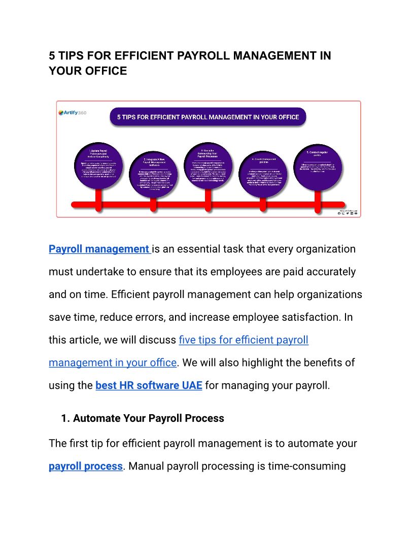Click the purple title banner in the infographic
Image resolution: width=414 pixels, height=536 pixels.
pos(208,117)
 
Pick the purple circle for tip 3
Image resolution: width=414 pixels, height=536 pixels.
pos(208,162)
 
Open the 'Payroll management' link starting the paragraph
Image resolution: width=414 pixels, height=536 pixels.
pos(99,249)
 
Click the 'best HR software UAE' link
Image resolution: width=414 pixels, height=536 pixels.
pos(149,385)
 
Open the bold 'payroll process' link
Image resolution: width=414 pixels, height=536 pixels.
pos(86,466)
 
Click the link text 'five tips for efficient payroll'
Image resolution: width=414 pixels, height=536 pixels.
pos(244,340)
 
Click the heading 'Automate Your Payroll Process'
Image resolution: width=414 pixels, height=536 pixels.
pos(148,419)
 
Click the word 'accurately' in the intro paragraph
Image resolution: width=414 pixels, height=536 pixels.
pos(331,272)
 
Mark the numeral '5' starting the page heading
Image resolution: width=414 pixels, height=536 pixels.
pos(52,56)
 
